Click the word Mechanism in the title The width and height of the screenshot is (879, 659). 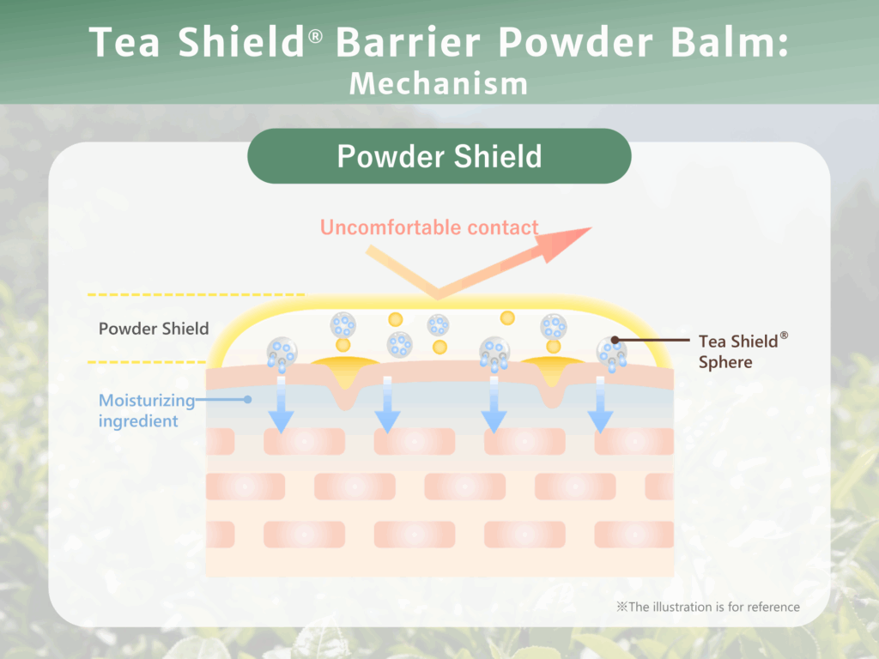439,83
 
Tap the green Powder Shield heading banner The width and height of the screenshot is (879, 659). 439,156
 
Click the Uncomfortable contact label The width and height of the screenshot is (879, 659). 429,227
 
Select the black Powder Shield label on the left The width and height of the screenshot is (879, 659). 154,329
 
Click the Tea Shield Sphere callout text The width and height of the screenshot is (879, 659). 737,351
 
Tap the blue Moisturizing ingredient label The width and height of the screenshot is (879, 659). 142,410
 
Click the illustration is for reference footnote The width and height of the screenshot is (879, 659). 708,607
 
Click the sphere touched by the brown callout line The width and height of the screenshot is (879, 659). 610,347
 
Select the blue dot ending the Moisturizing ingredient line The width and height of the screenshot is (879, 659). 247,399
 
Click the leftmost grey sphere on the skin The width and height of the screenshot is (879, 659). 281,350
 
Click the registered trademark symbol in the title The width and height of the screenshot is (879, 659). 315,39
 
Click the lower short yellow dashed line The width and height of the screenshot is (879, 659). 146,362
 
